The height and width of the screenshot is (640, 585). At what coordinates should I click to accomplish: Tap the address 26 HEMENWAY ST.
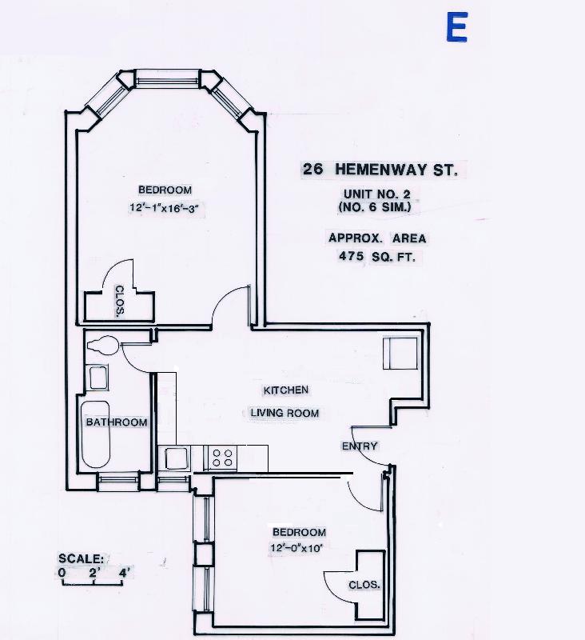pos(379,170)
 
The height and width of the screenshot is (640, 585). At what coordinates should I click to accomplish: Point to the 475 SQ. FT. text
pos(376,258)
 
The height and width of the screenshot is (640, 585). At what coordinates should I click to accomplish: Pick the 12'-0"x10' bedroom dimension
pos(298,549)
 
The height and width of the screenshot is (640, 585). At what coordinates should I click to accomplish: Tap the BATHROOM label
pos(117,422)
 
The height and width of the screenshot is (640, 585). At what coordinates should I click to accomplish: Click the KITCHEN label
pos(285,390)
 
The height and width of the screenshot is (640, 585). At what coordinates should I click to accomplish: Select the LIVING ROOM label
pos(285,414)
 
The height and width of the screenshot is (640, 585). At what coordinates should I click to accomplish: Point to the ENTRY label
pos(360,446)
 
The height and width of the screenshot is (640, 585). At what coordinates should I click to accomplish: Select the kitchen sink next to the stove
pos(177,458)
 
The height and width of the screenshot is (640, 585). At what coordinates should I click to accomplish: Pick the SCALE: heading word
pos(81,558)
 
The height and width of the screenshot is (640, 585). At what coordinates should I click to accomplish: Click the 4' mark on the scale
pos(124,573)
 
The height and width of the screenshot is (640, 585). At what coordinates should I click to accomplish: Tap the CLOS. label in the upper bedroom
pos(118,302)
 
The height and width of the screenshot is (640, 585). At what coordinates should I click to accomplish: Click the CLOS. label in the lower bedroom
pos(364,586)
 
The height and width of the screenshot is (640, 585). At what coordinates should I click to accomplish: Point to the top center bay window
pos(167,78)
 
